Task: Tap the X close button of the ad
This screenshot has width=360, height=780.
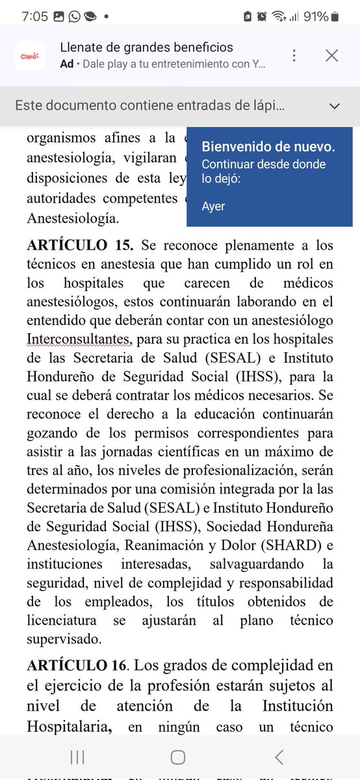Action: click(331, 56)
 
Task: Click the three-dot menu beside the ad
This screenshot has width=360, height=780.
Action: click(294, 56)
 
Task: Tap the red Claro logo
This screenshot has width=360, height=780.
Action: click(30, 56)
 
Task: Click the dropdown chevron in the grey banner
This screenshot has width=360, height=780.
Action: click(335, 106)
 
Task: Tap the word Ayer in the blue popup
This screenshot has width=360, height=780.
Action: click(213, 206)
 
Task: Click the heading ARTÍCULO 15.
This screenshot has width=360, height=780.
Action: click(80, 246)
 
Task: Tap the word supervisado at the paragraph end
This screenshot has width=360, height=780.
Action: click(64, 639)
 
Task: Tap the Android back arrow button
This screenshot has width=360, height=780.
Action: click(279, 756)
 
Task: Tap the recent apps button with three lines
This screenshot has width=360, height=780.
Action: click(77, 756)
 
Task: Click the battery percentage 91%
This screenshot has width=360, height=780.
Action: click(316, 16)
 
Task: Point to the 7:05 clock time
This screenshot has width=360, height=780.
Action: click(34, 16)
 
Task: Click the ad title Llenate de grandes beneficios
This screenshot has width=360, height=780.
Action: click(146, 47)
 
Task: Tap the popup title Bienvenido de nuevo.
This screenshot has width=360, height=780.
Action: click(268, 146)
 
